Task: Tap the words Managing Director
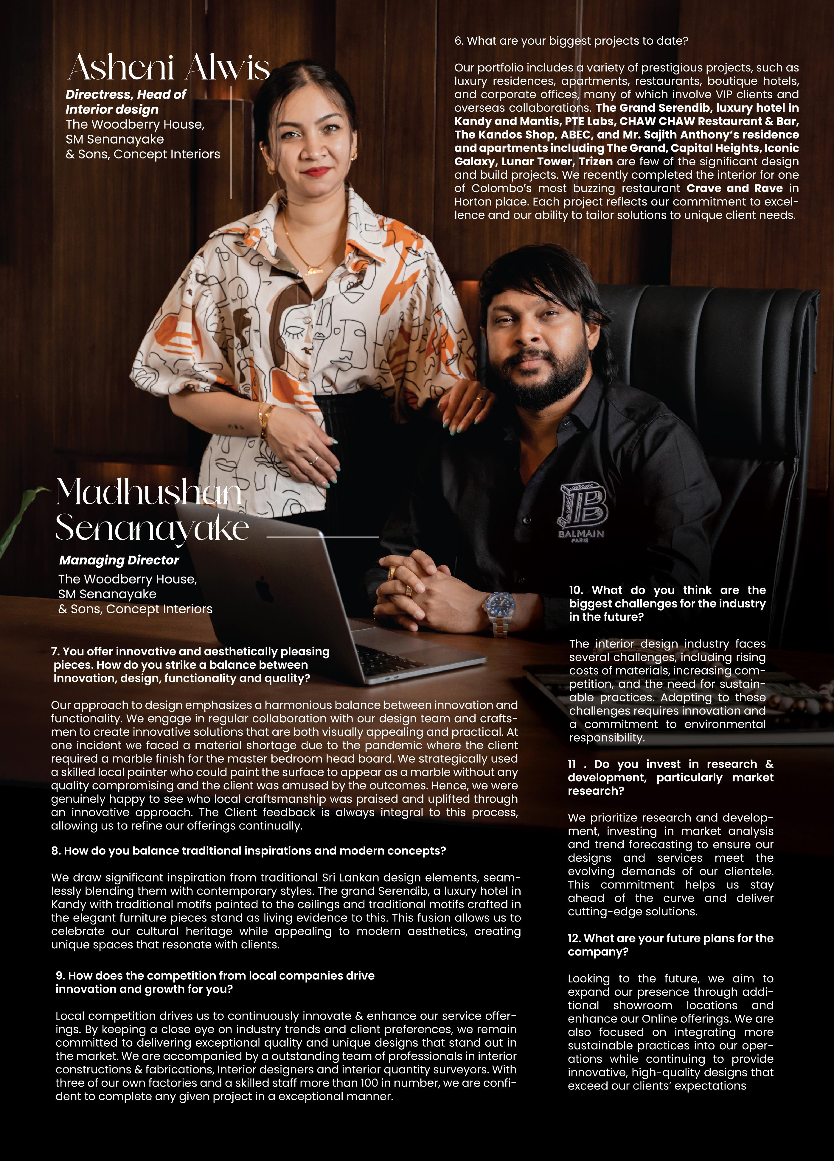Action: coord(119,560)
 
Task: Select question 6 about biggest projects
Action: coord(571,41)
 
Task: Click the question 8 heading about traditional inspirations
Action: coord(248,851)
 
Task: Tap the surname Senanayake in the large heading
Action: coord(152,528)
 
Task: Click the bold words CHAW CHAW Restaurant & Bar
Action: coord(709,121)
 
